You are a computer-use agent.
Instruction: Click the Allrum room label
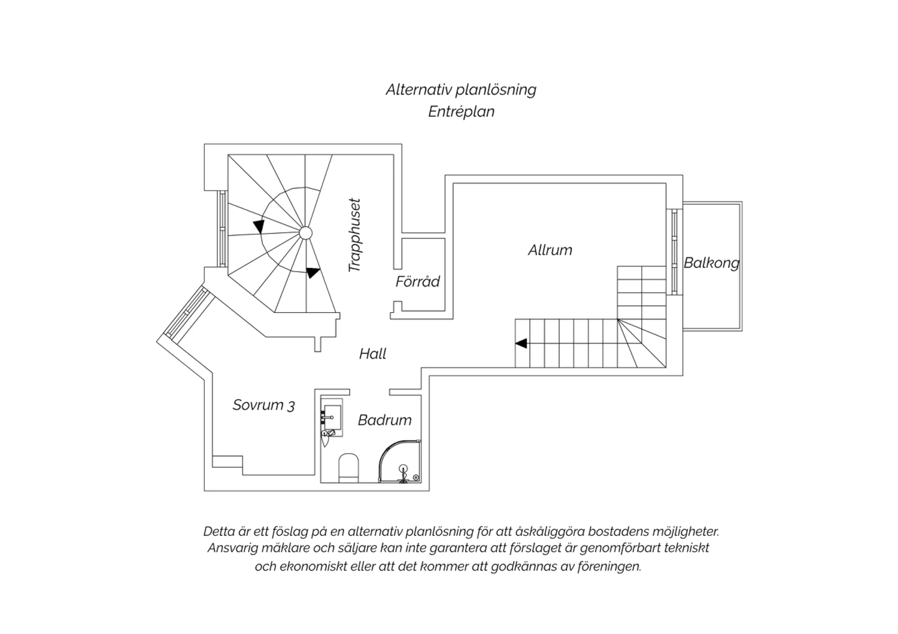tap(550, 251)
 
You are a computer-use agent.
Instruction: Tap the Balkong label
tap(712, 263)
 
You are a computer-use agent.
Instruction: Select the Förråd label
tap(418, 281)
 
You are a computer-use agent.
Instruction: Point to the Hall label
tap(372, 353)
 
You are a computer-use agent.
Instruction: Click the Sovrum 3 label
tap(264, 406)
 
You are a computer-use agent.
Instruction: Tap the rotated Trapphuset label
tap(355, 236)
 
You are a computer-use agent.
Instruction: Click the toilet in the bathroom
tap(348, 468)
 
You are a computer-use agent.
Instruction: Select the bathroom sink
tap(332, 417)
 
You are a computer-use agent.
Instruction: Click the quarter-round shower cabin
tap(400, 461)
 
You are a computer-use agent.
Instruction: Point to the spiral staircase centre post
tap(305, 233)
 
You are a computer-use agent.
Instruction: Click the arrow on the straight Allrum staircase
tap(521, 343)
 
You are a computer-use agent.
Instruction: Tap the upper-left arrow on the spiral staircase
tap(259, 226)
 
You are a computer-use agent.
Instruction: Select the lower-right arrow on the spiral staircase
tap(313, 272)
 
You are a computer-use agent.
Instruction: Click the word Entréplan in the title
tap(461, 112)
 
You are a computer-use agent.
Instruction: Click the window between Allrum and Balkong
tap(674, 252)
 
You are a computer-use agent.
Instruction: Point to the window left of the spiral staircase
tap(223, 228)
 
